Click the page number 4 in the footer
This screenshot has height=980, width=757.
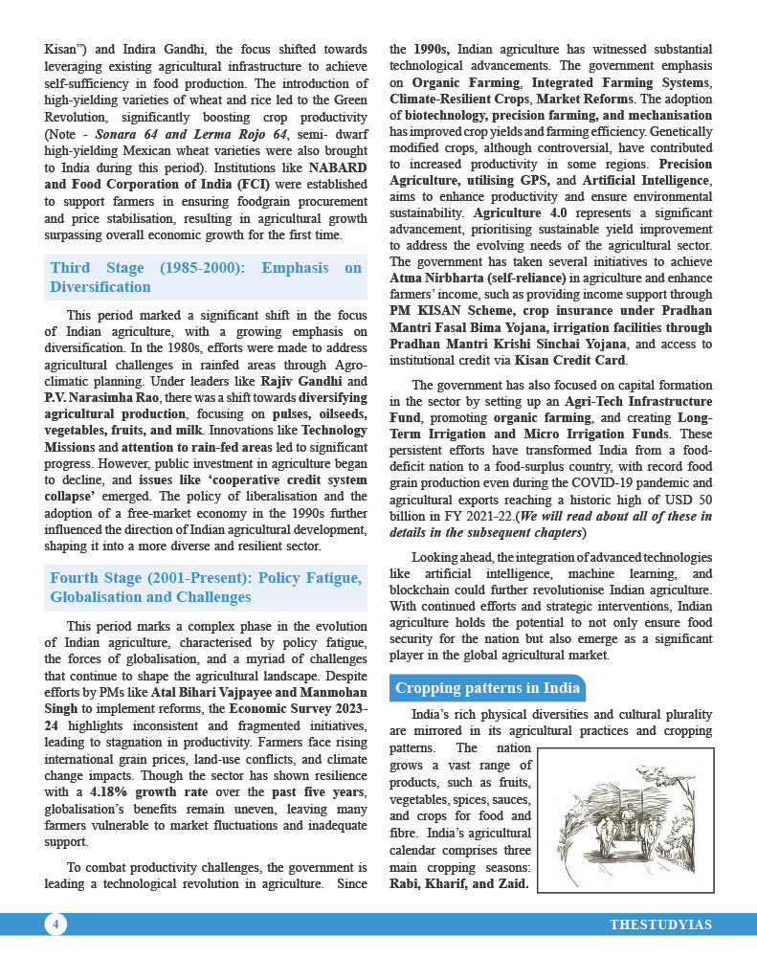(x=56, y=924)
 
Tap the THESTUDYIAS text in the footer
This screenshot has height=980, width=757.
(x=660, y=924)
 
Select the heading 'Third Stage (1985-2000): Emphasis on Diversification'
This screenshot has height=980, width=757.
(x=206, y=278)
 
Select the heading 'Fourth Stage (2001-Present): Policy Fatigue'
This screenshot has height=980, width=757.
(x=206, y=588)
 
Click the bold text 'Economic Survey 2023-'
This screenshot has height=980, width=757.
(x=298, y=708)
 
